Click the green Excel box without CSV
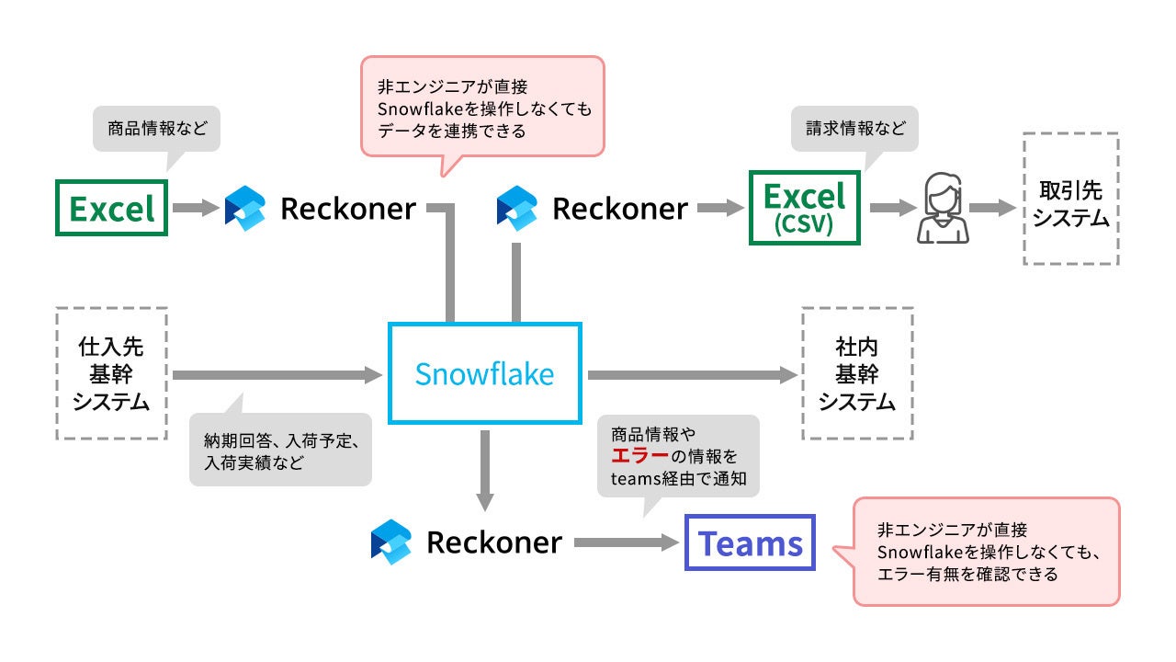(x=111, y=209)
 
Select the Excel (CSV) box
(x=805, y=208)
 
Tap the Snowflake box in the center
(x=484, y=373)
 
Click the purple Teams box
(x=750, y=543)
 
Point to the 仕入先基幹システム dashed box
(x=110, y=373)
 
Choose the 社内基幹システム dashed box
(x=856, y=373)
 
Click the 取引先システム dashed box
(x=1070, y=200)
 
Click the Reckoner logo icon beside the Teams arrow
(x=390, y=542)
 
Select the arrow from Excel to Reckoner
(x=194, y=209)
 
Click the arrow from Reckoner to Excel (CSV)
(x=720, y=209)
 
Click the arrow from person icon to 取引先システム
(x=990, y=209)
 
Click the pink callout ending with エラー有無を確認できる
(x=986, y=552)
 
